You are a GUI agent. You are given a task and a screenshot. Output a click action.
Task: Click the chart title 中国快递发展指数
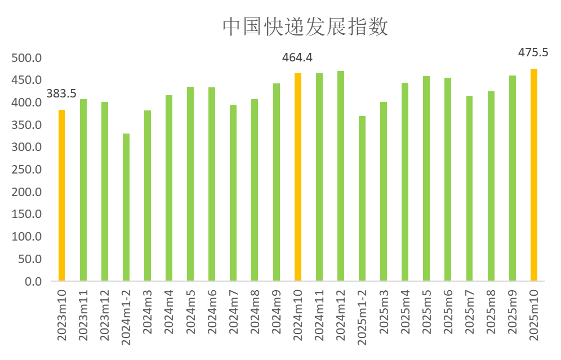[x=305, y=27]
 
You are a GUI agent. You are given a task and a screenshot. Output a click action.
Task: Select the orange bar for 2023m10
[x=61, y=195]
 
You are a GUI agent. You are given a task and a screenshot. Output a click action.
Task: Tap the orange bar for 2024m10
[x=298, y=177]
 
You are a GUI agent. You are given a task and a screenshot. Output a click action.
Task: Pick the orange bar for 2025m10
[x=534, y=175]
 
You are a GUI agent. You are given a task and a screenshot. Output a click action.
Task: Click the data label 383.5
[x=61, y=94]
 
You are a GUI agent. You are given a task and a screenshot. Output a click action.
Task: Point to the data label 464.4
[x=297, y=57]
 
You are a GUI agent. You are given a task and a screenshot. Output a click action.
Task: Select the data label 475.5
[x=533, y=52]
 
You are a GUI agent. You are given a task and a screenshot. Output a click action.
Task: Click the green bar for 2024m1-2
[x=126, y=207]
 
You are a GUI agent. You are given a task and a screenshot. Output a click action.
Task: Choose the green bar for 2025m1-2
[x=362, y=198]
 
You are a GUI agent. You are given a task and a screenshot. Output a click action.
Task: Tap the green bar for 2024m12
[x=341, y=176]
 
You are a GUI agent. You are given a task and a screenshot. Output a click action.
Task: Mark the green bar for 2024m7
[x=233, y=193]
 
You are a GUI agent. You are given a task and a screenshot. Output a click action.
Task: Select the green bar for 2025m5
[x=426, y=178]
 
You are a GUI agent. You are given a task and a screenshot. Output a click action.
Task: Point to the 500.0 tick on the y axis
[x=26, y=58]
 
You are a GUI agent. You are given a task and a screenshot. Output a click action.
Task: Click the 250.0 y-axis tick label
[x=26, y=170]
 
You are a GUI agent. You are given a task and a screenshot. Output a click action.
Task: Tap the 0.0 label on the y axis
[x=33, y=281]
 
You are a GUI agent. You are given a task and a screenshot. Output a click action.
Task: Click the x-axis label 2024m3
[x=148, y=316]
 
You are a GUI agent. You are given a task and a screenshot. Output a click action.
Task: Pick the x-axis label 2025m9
[x=513, y=316]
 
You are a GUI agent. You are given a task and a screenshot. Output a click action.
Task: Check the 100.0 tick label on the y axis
[x=26, y=237]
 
